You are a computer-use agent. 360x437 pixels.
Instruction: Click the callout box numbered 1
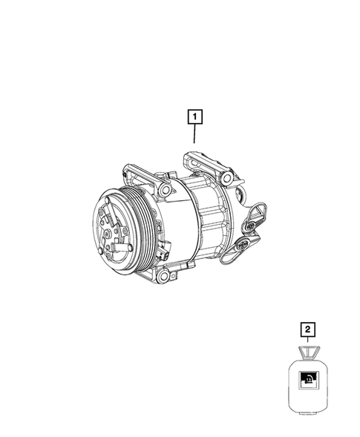pos(194,116)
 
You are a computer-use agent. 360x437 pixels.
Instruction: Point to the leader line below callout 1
pos(194,134)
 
